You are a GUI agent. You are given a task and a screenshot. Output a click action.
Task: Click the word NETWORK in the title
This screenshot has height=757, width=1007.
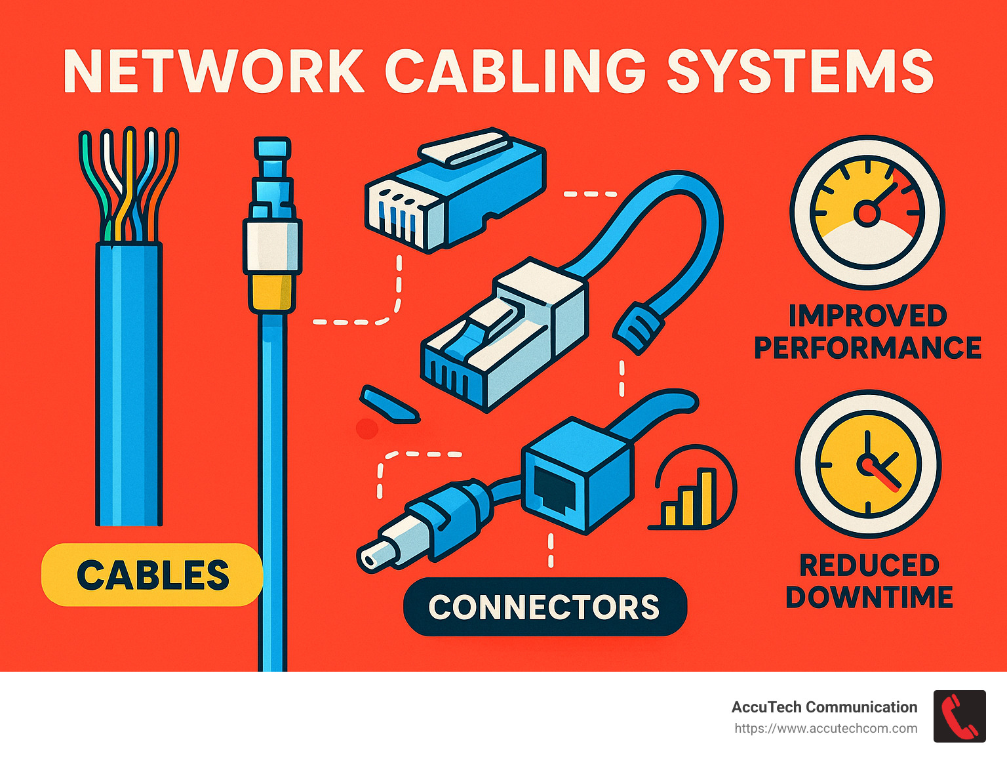[214, 71]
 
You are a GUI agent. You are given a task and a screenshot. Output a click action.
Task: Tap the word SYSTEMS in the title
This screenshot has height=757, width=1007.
[800, 71]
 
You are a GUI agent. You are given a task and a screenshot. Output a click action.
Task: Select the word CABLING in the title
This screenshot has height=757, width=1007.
[515, 71]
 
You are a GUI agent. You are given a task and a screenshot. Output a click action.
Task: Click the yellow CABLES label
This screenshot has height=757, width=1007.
[152, 575]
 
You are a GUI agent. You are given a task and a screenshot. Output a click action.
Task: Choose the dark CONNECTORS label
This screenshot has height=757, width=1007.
[544, 607]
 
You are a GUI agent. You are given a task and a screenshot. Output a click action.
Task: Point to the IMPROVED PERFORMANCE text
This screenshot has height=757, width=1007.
[867, 332]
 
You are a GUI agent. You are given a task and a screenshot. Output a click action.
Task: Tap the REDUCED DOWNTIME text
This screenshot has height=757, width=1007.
[869, 581]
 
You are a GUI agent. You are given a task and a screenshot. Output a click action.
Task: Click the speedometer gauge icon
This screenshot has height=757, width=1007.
[867, 213]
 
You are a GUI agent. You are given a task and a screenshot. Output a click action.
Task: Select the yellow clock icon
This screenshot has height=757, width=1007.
[868, 463]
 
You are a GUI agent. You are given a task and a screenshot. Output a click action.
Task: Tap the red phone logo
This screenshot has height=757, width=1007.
[959, 716]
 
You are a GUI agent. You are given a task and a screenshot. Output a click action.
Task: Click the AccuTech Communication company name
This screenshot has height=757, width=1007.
[824, 707]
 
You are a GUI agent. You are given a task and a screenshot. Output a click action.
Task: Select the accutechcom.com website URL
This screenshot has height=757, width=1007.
[825, 728]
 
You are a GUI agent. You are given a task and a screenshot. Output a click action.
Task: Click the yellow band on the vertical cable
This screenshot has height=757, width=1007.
[272, 293]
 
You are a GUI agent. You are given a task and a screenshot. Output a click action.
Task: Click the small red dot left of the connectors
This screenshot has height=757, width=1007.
[367, 429]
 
